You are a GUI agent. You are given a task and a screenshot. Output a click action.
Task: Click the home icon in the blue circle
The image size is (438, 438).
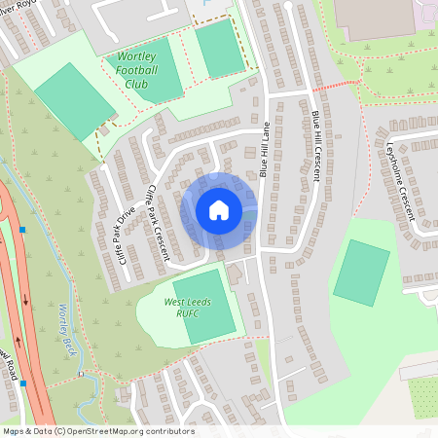click(219, 210)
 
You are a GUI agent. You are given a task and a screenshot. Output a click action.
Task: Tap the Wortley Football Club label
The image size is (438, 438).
click(141, 70)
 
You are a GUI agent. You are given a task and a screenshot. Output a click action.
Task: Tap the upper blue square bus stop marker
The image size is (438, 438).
click(21, 231)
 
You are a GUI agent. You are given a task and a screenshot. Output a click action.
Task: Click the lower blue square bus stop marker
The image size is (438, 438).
click(22, 383)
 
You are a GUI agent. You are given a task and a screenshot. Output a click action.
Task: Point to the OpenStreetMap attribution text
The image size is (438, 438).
click(97, 430)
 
